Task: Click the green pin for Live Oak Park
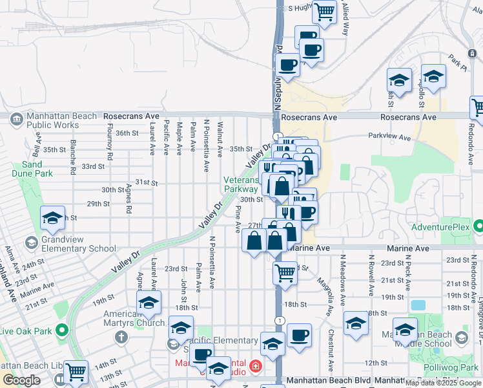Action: pos(62,331)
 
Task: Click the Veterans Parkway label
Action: pos(240,184)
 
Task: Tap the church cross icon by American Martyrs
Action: pos(121,337)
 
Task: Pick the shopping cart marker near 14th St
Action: pos(76,372)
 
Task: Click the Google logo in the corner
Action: pos(21,380)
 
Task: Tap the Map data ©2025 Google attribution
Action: pos(443,383)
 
